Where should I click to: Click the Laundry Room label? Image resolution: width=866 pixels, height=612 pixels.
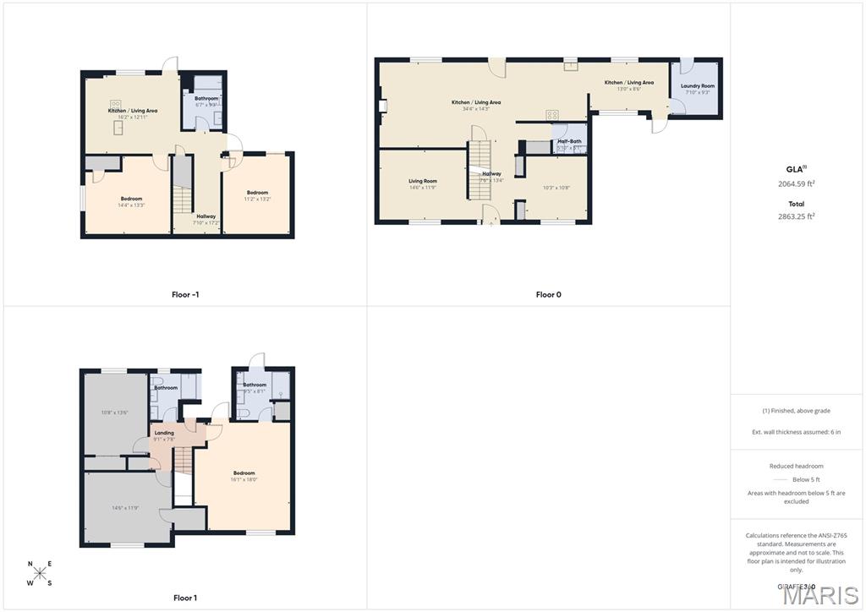click(x=697, y=85)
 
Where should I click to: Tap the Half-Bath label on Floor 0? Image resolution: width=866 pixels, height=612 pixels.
click(x=569, y=141)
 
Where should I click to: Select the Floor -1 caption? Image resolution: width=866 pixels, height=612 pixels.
click(x=185, y=295)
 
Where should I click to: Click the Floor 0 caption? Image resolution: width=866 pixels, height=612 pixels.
click(x=548, y=295)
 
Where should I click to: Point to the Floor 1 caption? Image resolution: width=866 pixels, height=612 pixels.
click(x=185, y=598)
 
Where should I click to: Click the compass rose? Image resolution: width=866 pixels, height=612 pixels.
click(x=41, y=573)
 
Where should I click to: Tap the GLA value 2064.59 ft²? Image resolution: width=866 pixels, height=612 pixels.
click(x=796, y=183)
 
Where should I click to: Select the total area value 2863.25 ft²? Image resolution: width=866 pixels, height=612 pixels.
click(x=796, y=216)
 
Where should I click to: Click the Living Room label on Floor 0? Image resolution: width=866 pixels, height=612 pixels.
click(x=423, y=181)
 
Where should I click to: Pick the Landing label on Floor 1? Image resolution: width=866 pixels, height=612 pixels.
click(x=164, y=433)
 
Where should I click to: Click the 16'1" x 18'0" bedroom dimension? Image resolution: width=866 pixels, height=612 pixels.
click(x=244, y=479)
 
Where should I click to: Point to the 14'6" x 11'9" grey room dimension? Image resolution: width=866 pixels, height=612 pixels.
click(x=125, y=508)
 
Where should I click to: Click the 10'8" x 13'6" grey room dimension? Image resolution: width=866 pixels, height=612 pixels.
click(x=114, y=413)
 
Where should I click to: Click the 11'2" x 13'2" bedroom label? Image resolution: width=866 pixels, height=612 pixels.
click(x=258, y=199)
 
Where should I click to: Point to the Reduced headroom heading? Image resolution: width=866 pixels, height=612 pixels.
click(x=796, y=466)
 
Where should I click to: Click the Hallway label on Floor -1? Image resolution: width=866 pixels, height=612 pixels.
click(x=206, y=216)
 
